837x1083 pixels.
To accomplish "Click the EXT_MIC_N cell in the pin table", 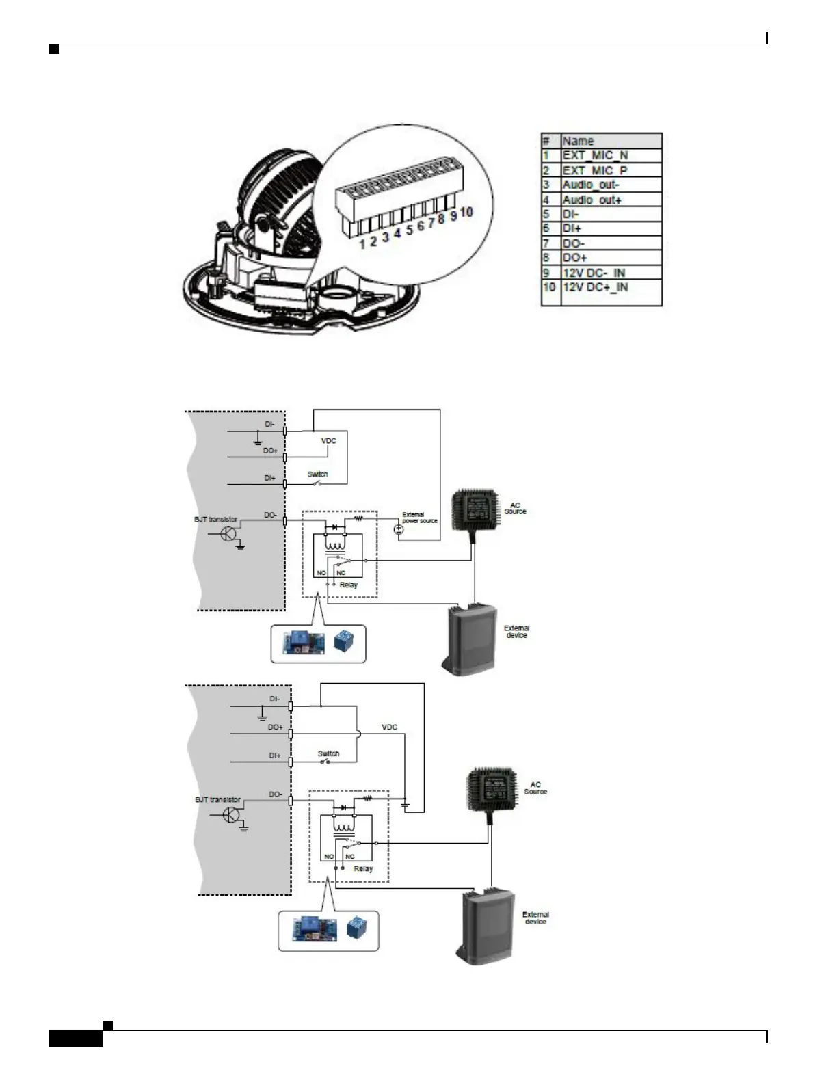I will [595, 155].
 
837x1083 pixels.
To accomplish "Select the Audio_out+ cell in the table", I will [592, 200].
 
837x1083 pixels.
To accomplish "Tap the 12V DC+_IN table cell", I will [595, 287].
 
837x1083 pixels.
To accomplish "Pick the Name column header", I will [578, 141].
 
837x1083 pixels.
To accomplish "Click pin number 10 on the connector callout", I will [466, 212].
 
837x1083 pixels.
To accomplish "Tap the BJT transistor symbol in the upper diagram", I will [229, 535].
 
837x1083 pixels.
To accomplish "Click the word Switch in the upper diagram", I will [318, 474].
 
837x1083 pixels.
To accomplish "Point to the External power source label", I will [419, 518].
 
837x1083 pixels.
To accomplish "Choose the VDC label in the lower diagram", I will [389, 727].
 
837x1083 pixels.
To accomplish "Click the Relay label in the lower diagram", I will [363, 868].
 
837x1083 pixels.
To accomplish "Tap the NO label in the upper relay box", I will [321, 573].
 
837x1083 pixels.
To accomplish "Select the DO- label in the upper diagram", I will [270, 515].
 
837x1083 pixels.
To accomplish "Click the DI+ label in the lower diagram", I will [274, 756].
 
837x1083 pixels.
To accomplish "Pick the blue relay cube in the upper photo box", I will [343, 641].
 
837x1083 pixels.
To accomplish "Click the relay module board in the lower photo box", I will [315, 929].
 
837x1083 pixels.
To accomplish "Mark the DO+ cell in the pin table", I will [575, 258].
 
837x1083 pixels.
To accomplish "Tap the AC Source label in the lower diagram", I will [535, 788].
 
